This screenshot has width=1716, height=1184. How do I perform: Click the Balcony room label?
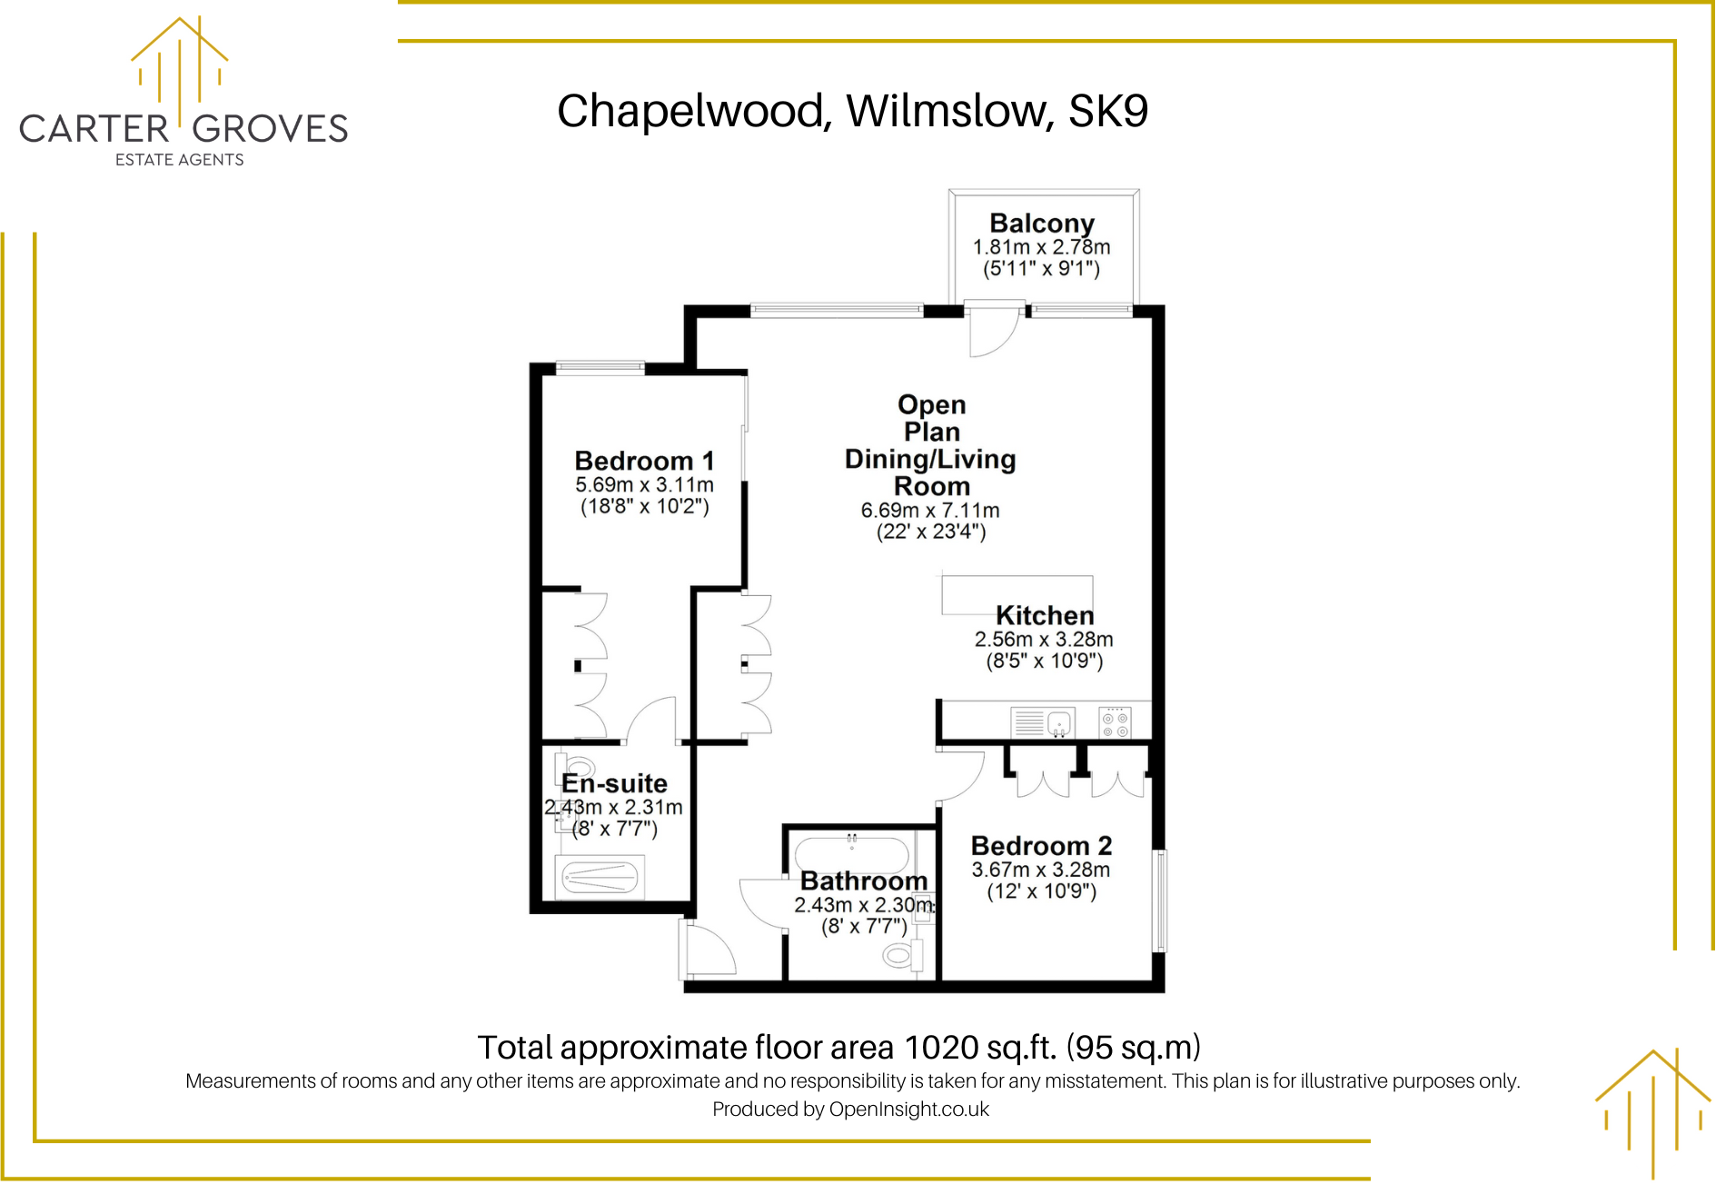pos(1041,224)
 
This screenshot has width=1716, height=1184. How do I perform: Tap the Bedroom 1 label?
pos(644,461)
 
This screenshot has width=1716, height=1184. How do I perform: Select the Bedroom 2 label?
pos(1041,846)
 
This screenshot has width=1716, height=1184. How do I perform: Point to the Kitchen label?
pos(1044,615)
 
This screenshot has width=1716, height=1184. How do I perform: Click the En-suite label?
pos(614,783)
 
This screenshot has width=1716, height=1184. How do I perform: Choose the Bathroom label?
pos(863,881)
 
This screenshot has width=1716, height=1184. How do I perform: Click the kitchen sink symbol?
pos(1059,724)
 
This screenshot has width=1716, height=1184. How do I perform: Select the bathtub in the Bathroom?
pos(851,855)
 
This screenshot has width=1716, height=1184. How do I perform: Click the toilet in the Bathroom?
pos(902,954)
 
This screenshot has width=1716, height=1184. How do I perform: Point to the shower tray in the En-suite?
pos(600,877)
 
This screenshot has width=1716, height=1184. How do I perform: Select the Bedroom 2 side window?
pos(1159,900)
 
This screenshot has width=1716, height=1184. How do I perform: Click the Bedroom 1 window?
pos(600,368)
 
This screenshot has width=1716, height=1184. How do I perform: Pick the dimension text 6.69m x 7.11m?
pos(929,511)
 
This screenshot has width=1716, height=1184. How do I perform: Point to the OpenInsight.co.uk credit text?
pos(908,1109)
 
